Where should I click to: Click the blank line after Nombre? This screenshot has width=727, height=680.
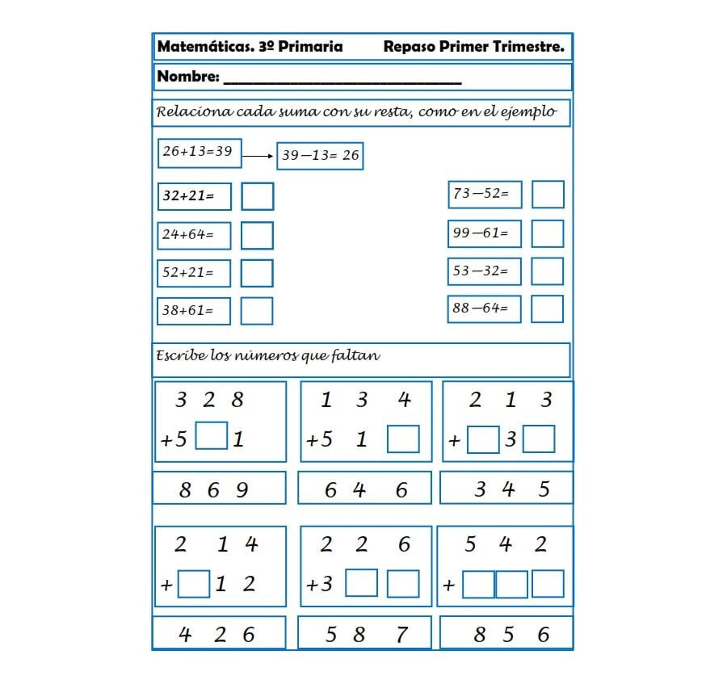point(342,78)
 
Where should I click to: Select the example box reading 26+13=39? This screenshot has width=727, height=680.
point(199,152)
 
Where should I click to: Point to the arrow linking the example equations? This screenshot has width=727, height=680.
point(258,157)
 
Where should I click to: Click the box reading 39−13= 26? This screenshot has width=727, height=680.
point(320,156)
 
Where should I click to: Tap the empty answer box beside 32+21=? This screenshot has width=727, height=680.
point(257,196)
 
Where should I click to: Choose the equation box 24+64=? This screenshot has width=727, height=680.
point(194,235)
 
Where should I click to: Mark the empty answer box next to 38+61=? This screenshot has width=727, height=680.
point(257,311)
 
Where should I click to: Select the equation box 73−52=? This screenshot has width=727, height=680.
point(485,194)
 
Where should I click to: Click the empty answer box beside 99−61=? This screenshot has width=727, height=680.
point(548,233)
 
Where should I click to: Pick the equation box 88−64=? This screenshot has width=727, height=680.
point(485,309)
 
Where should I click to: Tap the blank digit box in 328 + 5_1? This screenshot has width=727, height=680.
point(212,436)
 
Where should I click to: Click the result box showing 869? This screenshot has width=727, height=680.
point(219,489)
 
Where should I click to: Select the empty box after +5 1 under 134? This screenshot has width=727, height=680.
point(403,439)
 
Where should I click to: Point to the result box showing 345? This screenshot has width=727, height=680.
point(506,488)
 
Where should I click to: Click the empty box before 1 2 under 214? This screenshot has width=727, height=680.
point(194,583)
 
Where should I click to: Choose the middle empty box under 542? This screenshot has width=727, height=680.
point(511,584)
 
